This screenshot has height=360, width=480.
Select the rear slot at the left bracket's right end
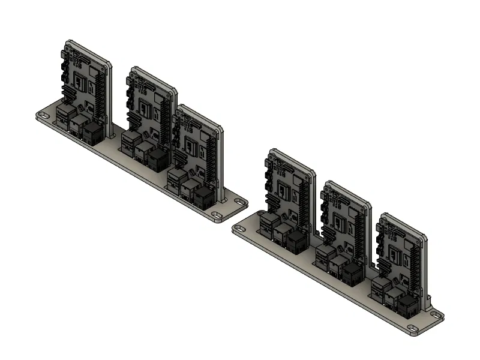(x=239, y=202)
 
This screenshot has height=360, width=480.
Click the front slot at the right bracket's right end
(x=412, y=328)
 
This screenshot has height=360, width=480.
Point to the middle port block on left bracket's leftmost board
(x=79, y=125)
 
